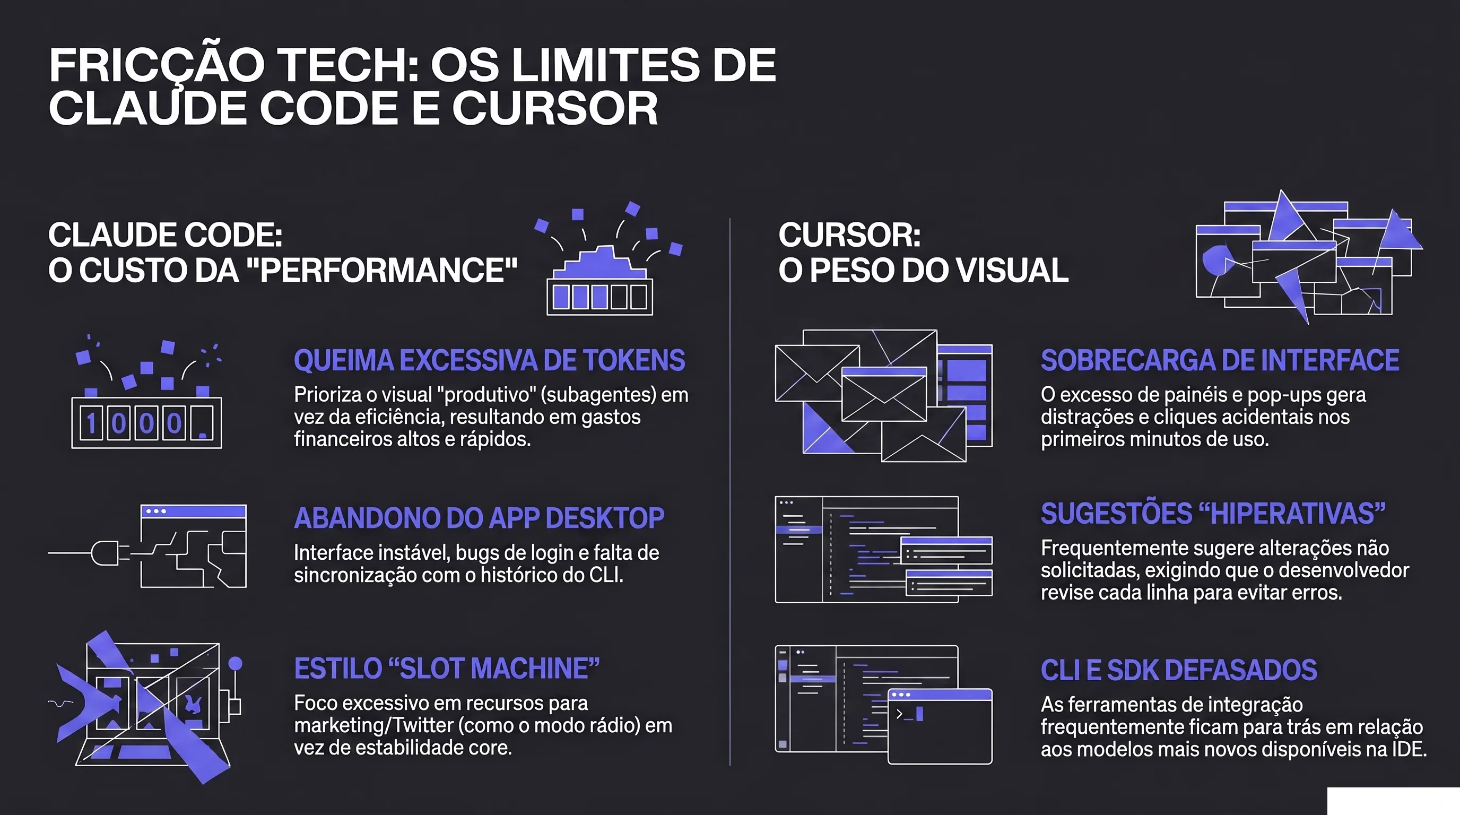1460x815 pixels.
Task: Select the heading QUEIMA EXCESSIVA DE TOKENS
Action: point(490,360)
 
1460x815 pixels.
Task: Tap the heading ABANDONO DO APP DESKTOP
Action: point(479,518)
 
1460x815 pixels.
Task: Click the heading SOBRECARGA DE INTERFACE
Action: point(1220,360)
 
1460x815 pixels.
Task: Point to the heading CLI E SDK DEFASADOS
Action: point(1179,670)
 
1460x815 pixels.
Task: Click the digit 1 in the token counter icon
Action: point(91,423)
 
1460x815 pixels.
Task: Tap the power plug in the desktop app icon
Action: point(105,552)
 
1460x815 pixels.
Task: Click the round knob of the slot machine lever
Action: point(235,664)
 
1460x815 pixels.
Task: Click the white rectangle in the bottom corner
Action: point(1393,801)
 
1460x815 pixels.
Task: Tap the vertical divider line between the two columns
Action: point(730,491)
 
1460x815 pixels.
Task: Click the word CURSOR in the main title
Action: point(555,108)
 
